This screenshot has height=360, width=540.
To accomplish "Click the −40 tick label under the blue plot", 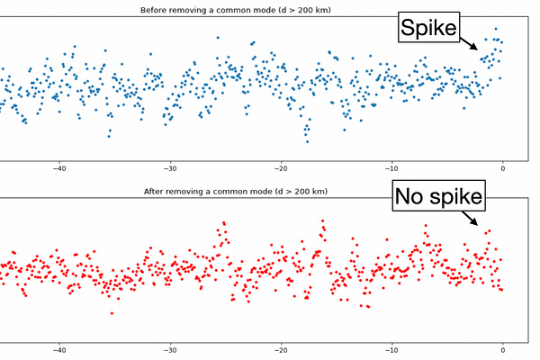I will pos(59,167).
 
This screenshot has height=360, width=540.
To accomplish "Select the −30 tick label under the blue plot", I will pos(170,167).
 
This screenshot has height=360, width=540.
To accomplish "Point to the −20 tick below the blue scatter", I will pos(282,167).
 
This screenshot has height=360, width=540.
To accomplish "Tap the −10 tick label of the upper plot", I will pos(392,167).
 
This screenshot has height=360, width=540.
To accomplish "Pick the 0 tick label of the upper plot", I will pos(503,167).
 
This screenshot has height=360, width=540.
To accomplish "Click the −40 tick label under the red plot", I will pos(59,350).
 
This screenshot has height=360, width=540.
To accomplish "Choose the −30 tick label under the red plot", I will pos(170,350).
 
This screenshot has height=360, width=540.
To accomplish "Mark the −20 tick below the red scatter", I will pos(282,350).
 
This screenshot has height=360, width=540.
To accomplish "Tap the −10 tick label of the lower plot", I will pos(392,350).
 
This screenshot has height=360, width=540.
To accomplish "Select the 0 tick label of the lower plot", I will pos(503,350).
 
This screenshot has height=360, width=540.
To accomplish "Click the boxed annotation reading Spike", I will pos(428,30).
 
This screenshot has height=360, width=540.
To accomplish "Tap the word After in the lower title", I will pos(157,192).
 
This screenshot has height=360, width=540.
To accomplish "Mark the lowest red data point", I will pos(112,313).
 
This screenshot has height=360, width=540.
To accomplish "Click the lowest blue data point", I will pos(308,141).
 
